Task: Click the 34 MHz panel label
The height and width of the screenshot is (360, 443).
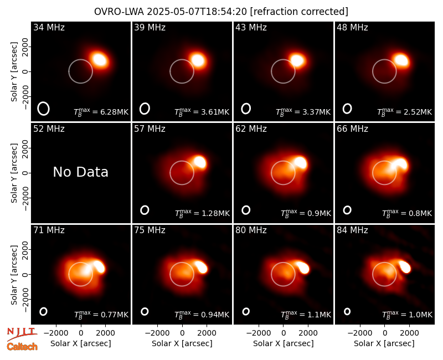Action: click(49, 27)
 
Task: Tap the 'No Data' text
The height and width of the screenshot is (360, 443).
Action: click(80, 172)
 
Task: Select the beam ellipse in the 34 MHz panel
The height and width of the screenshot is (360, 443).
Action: click(44, 109)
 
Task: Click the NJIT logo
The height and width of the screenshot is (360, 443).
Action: click(22, 333)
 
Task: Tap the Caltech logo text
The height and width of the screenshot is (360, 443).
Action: click(22, 347)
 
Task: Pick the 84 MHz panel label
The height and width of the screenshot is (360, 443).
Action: click(352, 230)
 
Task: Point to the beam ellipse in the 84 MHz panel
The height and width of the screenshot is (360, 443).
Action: click(347, 311)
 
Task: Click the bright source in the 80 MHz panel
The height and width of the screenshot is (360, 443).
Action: click(303, 267)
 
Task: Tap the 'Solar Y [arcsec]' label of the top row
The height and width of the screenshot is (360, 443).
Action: click(14, 72)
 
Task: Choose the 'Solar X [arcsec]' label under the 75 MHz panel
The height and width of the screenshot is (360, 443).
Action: click(182, 343)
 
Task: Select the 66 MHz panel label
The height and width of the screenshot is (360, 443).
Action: click(352, 129)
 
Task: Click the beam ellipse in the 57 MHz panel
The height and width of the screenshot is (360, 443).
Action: click(145, 210)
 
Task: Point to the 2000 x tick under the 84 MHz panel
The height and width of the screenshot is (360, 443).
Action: click(409, 333)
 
